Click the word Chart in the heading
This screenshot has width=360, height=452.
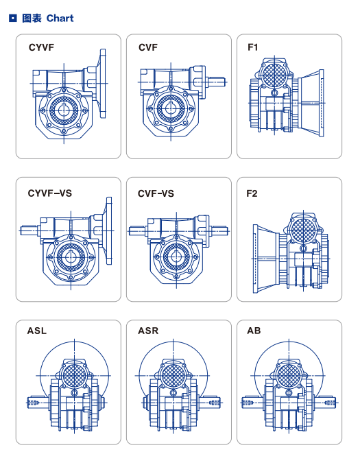pos(60,18)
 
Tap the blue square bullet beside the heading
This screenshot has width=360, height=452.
pos(12,18)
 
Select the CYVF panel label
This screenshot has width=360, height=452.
pos(41,47)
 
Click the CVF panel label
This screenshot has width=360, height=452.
pos(148,47)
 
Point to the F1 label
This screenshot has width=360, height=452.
pos(252,47)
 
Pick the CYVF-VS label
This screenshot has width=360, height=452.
pos(49,193)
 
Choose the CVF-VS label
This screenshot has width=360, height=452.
pos(156,193)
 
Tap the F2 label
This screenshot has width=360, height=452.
pos(252,193)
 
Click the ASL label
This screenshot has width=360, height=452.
pos(36,331)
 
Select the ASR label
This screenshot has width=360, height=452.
pos(148,331)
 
